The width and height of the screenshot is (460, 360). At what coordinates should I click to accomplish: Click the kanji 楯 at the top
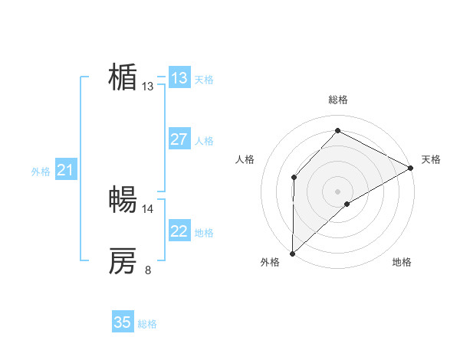click(x=123, y=77)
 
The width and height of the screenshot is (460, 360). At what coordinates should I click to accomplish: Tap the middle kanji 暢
click(x=123, y=200)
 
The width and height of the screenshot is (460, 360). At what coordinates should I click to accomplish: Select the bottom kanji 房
click(x=123, y=261)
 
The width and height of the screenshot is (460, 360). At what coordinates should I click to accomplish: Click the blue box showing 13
click(x=179, y=78)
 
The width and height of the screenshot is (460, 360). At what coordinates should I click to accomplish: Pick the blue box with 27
click(x=179, y=139)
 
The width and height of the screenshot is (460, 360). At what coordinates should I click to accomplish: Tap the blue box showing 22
click(x=179, y=231)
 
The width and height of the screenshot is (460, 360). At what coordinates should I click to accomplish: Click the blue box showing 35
click(x=123, y=322)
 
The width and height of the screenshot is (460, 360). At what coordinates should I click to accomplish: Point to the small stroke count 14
click(x=148, y=208)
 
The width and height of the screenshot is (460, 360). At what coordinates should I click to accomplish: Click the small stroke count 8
click(x=148, y=270)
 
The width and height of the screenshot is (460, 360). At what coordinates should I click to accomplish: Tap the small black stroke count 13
click(x=148, y=87)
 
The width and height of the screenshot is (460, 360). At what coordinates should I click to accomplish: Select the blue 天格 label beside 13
click(x=204, y=80)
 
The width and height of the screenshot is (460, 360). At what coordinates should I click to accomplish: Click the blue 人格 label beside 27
click(x=204, y=141)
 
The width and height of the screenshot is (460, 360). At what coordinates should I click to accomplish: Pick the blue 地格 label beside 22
click(x=204, y=233)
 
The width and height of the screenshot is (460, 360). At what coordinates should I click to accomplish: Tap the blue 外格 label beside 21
click(x=41, y=172)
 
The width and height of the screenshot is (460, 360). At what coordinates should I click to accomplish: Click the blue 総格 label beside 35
click(x=147, y=324)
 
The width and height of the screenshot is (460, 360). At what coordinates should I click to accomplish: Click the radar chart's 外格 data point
click(x=292, y=254)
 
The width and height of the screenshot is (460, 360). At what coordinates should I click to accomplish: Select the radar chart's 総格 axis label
click(x=337, y=100)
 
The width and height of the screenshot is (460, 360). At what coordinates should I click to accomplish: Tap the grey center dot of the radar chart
click(x=337, y=191)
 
